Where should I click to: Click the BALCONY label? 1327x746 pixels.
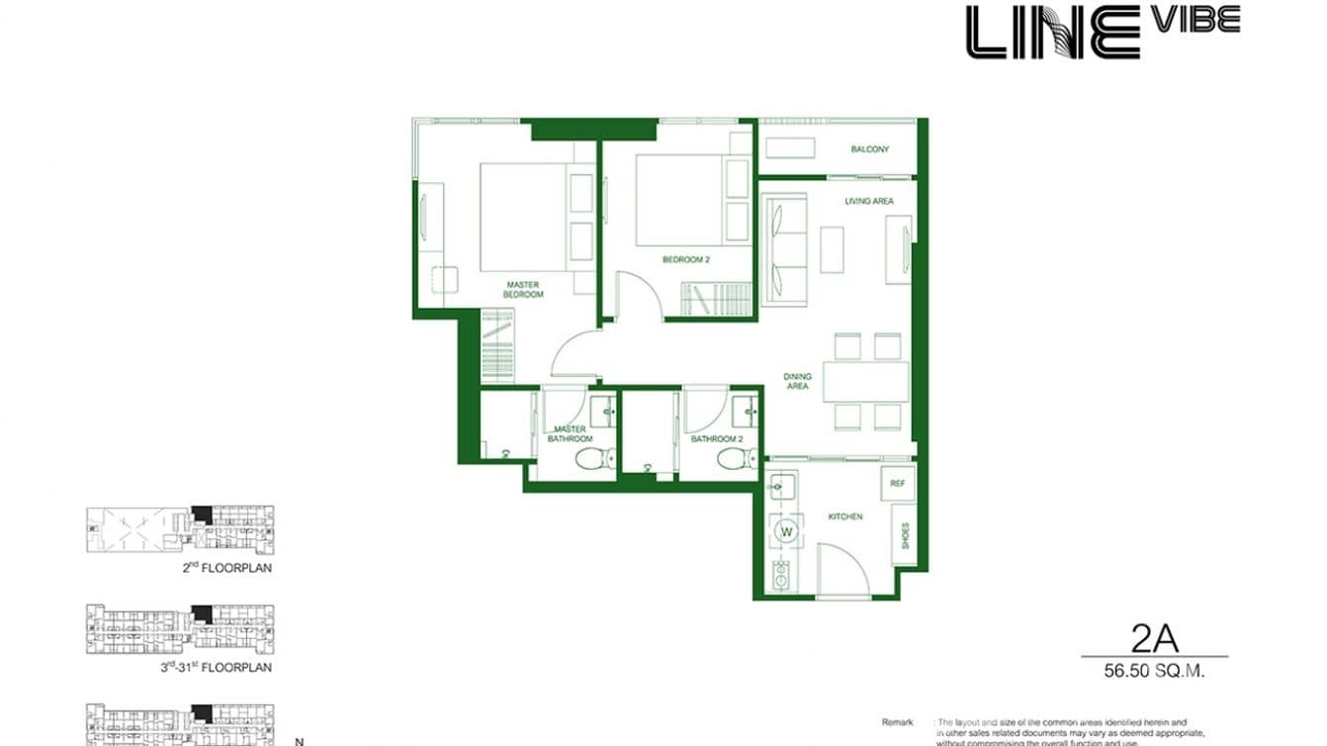click(869, 149)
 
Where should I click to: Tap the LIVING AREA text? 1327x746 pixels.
click(868, 201)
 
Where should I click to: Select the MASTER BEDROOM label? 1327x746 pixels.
click(522, 289)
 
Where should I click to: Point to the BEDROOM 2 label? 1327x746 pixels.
click(686, 259)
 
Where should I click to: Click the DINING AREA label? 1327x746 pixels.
click(797, 381)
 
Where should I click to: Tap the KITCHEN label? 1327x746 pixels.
click(845, 516)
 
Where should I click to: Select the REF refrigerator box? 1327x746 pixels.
click(897, 484)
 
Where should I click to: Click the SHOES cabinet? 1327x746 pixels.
click(904, 534)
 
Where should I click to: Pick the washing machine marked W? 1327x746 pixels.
click(788, 532)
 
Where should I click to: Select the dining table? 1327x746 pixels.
click(865, 382)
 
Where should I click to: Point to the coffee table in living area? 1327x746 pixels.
click(833, 249)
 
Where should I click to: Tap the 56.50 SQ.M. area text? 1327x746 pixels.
click(1154, 670)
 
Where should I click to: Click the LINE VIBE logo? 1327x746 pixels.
click(1102, 31)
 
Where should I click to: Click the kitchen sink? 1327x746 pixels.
click(782, 487)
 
